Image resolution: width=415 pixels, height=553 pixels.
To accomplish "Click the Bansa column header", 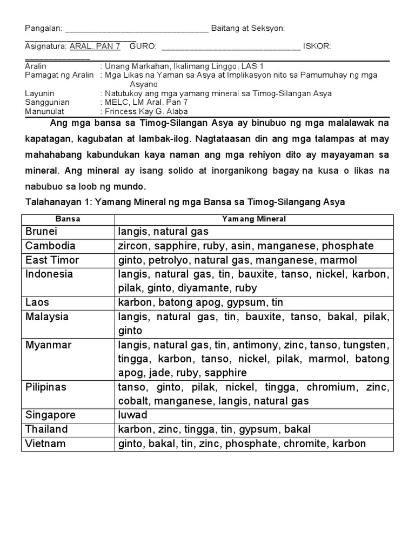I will (68, 219).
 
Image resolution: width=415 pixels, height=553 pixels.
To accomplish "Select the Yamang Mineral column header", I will (254, 219).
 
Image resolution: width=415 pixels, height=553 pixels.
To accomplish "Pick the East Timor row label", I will (52, 260).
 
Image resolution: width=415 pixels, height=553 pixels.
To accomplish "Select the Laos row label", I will (37, 302).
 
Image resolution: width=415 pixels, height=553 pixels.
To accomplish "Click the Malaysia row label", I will (47, 316).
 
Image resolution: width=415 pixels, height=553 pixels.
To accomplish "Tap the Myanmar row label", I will (48, 345).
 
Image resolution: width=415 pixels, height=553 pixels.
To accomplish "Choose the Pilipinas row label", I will (46, 387).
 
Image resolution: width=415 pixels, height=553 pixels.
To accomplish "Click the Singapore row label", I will (50, 415).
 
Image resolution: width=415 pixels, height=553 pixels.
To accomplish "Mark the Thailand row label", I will (46, 429).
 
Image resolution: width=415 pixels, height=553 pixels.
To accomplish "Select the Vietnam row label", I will (45, 443).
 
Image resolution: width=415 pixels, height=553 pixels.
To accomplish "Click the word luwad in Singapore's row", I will (132, 415).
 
